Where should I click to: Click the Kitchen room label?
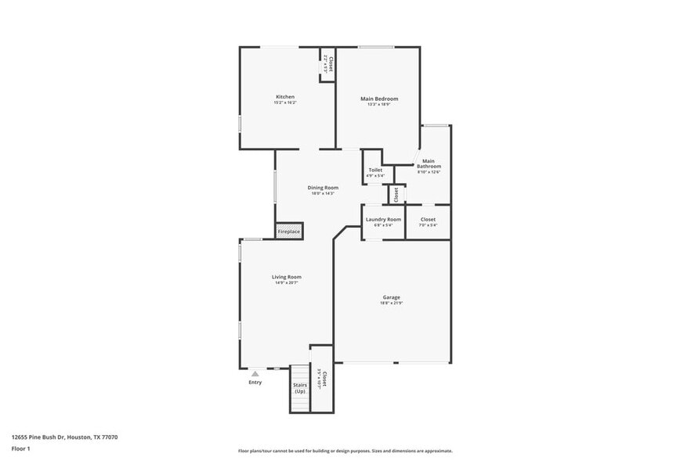coord(284,97)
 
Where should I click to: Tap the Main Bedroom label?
coord(379,99)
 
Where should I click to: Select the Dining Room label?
coord(322,188)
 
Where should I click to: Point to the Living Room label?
coord(287,277)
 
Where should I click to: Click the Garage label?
coord(392,297)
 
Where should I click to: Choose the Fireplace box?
coord(288,232)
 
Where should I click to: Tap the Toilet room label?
coord(375,170)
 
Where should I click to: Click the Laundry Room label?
coord(383,220)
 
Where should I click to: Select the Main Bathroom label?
coord(429,164)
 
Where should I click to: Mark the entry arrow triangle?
coord(255,374)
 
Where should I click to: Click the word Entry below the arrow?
coord(255,383)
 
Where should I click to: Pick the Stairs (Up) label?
coord(300,388)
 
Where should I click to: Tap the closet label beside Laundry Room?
coord(428,220)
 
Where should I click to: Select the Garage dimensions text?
coord(392,304)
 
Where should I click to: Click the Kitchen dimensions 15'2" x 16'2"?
coord(284,103)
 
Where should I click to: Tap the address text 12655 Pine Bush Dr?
coord(64,437)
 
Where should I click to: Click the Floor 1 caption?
coord(20,448)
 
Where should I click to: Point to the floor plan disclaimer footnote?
coord(345,451)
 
